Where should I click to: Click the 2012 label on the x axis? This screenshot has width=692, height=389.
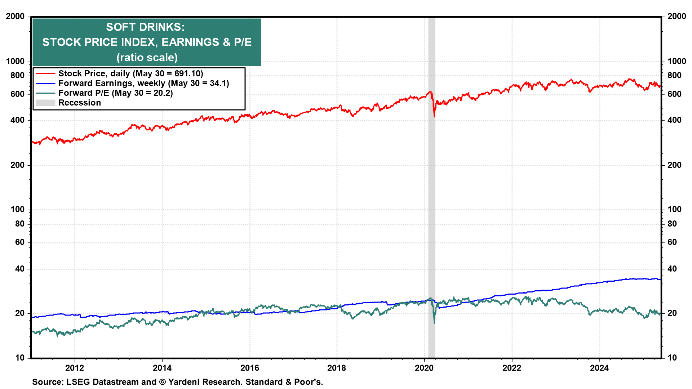pyautogui.click(x=75, y=368)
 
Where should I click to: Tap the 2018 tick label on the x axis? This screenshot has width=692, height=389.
pyautogui.click(x=337, y=368)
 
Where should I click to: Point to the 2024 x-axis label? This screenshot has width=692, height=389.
pyautogui.click(x=599, y=368)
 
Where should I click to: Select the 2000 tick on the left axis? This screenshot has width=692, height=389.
pyautogui.click(x=15, y=17)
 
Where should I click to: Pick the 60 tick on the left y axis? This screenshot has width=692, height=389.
pyautogui.click(x=20, y=242)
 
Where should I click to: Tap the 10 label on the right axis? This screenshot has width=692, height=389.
pyautogui.click(x=672, y=358)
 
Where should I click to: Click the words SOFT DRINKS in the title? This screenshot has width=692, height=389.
pyautogui.click(x=145, y=27)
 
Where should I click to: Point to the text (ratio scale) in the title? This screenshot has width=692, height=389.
pyautogui.click(x=147, y=57)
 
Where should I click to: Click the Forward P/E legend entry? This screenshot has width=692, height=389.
pyautogui.click(x=115, y=93)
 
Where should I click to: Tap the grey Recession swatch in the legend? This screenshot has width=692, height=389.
pyautogui.click(x=45, y=103)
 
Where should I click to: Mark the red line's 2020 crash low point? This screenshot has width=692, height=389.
pyautogui.click(x=434, y=116)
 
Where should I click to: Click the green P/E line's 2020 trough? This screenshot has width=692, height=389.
pyautogui.click(x=434, y=322)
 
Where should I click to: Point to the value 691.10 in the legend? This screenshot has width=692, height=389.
pyautogui.click(x=187, y=73)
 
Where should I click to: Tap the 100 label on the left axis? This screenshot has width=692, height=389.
pyautogui.click(x=17, y=209)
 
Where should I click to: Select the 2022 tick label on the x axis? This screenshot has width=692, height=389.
pyautogui.click(x=512, y=368)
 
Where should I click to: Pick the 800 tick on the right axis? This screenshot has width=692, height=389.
pyautogui.click(x=674, y=75)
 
